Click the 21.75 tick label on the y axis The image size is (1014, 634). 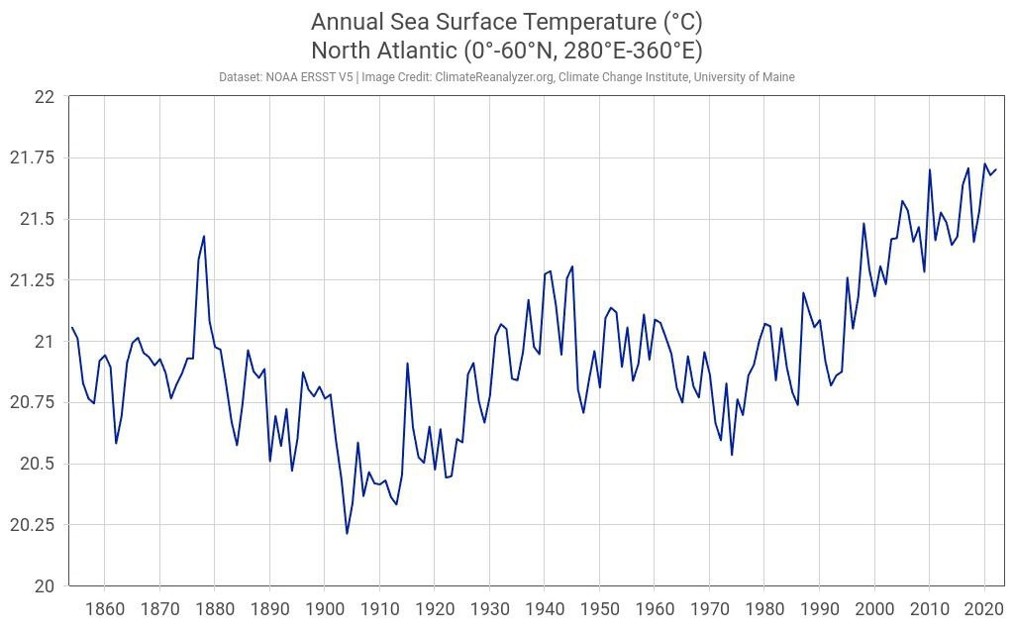click(x=36, y=158)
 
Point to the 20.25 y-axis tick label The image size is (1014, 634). click(x=36, y=525)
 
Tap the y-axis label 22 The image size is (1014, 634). click(x=45, y=96)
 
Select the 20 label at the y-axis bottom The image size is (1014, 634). click(x=45, y=586)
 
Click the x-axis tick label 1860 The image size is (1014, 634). click(x=104, y=608)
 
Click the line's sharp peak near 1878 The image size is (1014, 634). click(x=204, y=236)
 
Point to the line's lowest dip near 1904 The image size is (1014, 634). click(x=347, y=533)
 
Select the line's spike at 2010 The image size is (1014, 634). click(x=930, y=169)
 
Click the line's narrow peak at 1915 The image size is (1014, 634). click(x=407, y=363)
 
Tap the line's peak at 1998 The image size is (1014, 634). click(x=863, y=223)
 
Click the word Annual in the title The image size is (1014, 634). click(x=348, y=22)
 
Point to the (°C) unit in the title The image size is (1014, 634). click(x=680, y=22)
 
